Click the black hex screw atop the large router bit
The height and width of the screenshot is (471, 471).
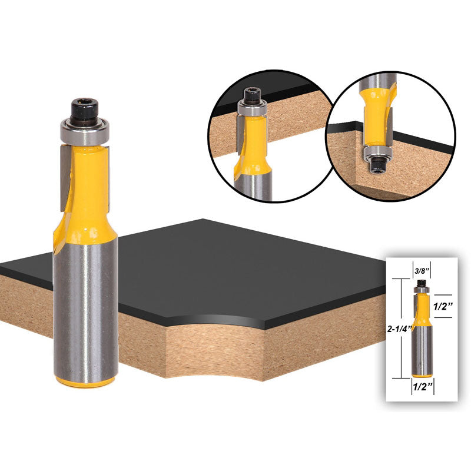pos(84,110)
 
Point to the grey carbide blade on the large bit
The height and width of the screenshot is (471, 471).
pos(65,177)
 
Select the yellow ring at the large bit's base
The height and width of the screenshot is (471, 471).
pos(85,382)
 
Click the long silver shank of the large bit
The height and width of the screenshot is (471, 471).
pos(85,310)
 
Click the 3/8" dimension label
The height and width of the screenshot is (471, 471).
pos(422,271)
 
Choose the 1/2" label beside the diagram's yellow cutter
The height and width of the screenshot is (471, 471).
pos(443,306)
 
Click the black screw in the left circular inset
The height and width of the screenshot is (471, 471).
pos(253,96)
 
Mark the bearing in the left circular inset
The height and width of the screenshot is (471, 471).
pos(253,108)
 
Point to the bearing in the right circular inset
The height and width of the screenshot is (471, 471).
pos(377,153)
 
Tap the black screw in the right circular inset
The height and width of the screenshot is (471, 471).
pos(377,165)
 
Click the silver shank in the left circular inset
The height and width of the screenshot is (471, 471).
pos(253,185)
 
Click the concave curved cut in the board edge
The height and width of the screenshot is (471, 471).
pos(215,346)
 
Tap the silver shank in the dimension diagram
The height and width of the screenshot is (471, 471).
pos(422,350)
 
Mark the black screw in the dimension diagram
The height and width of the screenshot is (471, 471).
pos(422,283)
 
